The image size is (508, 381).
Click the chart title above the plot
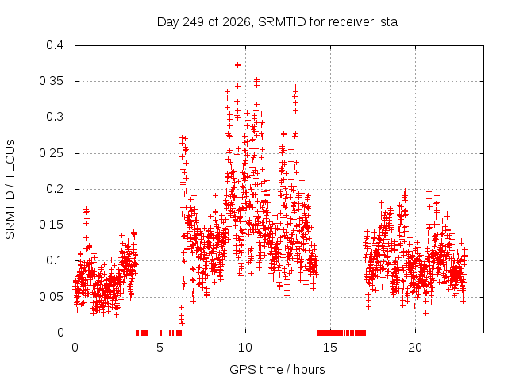[277, 22]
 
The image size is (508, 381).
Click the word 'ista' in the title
[387, 22]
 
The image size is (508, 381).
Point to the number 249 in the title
[194, 22]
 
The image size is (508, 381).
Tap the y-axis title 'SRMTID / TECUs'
[10, 190]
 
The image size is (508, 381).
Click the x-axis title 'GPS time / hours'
[277, 369]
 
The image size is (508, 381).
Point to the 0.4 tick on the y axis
[55, 45]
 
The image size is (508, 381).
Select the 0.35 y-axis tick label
[52, 81]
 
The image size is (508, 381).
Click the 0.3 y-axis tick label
[55, 117]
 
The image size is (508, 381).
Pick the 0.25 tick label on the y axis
[52, 153]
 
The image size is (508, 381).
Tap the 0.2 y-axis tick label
[55, 189]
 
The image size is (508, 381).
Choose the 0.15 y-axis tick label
[52, 225]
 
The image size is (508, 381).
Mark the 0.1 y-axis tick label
[55, 260]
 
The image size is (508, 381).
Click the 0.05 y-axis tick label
[52, 296]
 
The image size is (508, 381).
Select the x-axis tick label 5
[160, 348]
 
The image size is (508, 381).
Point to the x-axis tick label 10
[245, 348]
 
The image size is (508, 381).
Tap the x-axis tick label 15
[330, 348]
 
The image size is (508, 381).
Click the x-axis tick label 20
[415, 348]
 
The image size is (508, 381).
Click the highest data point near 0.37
[238, 65]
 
